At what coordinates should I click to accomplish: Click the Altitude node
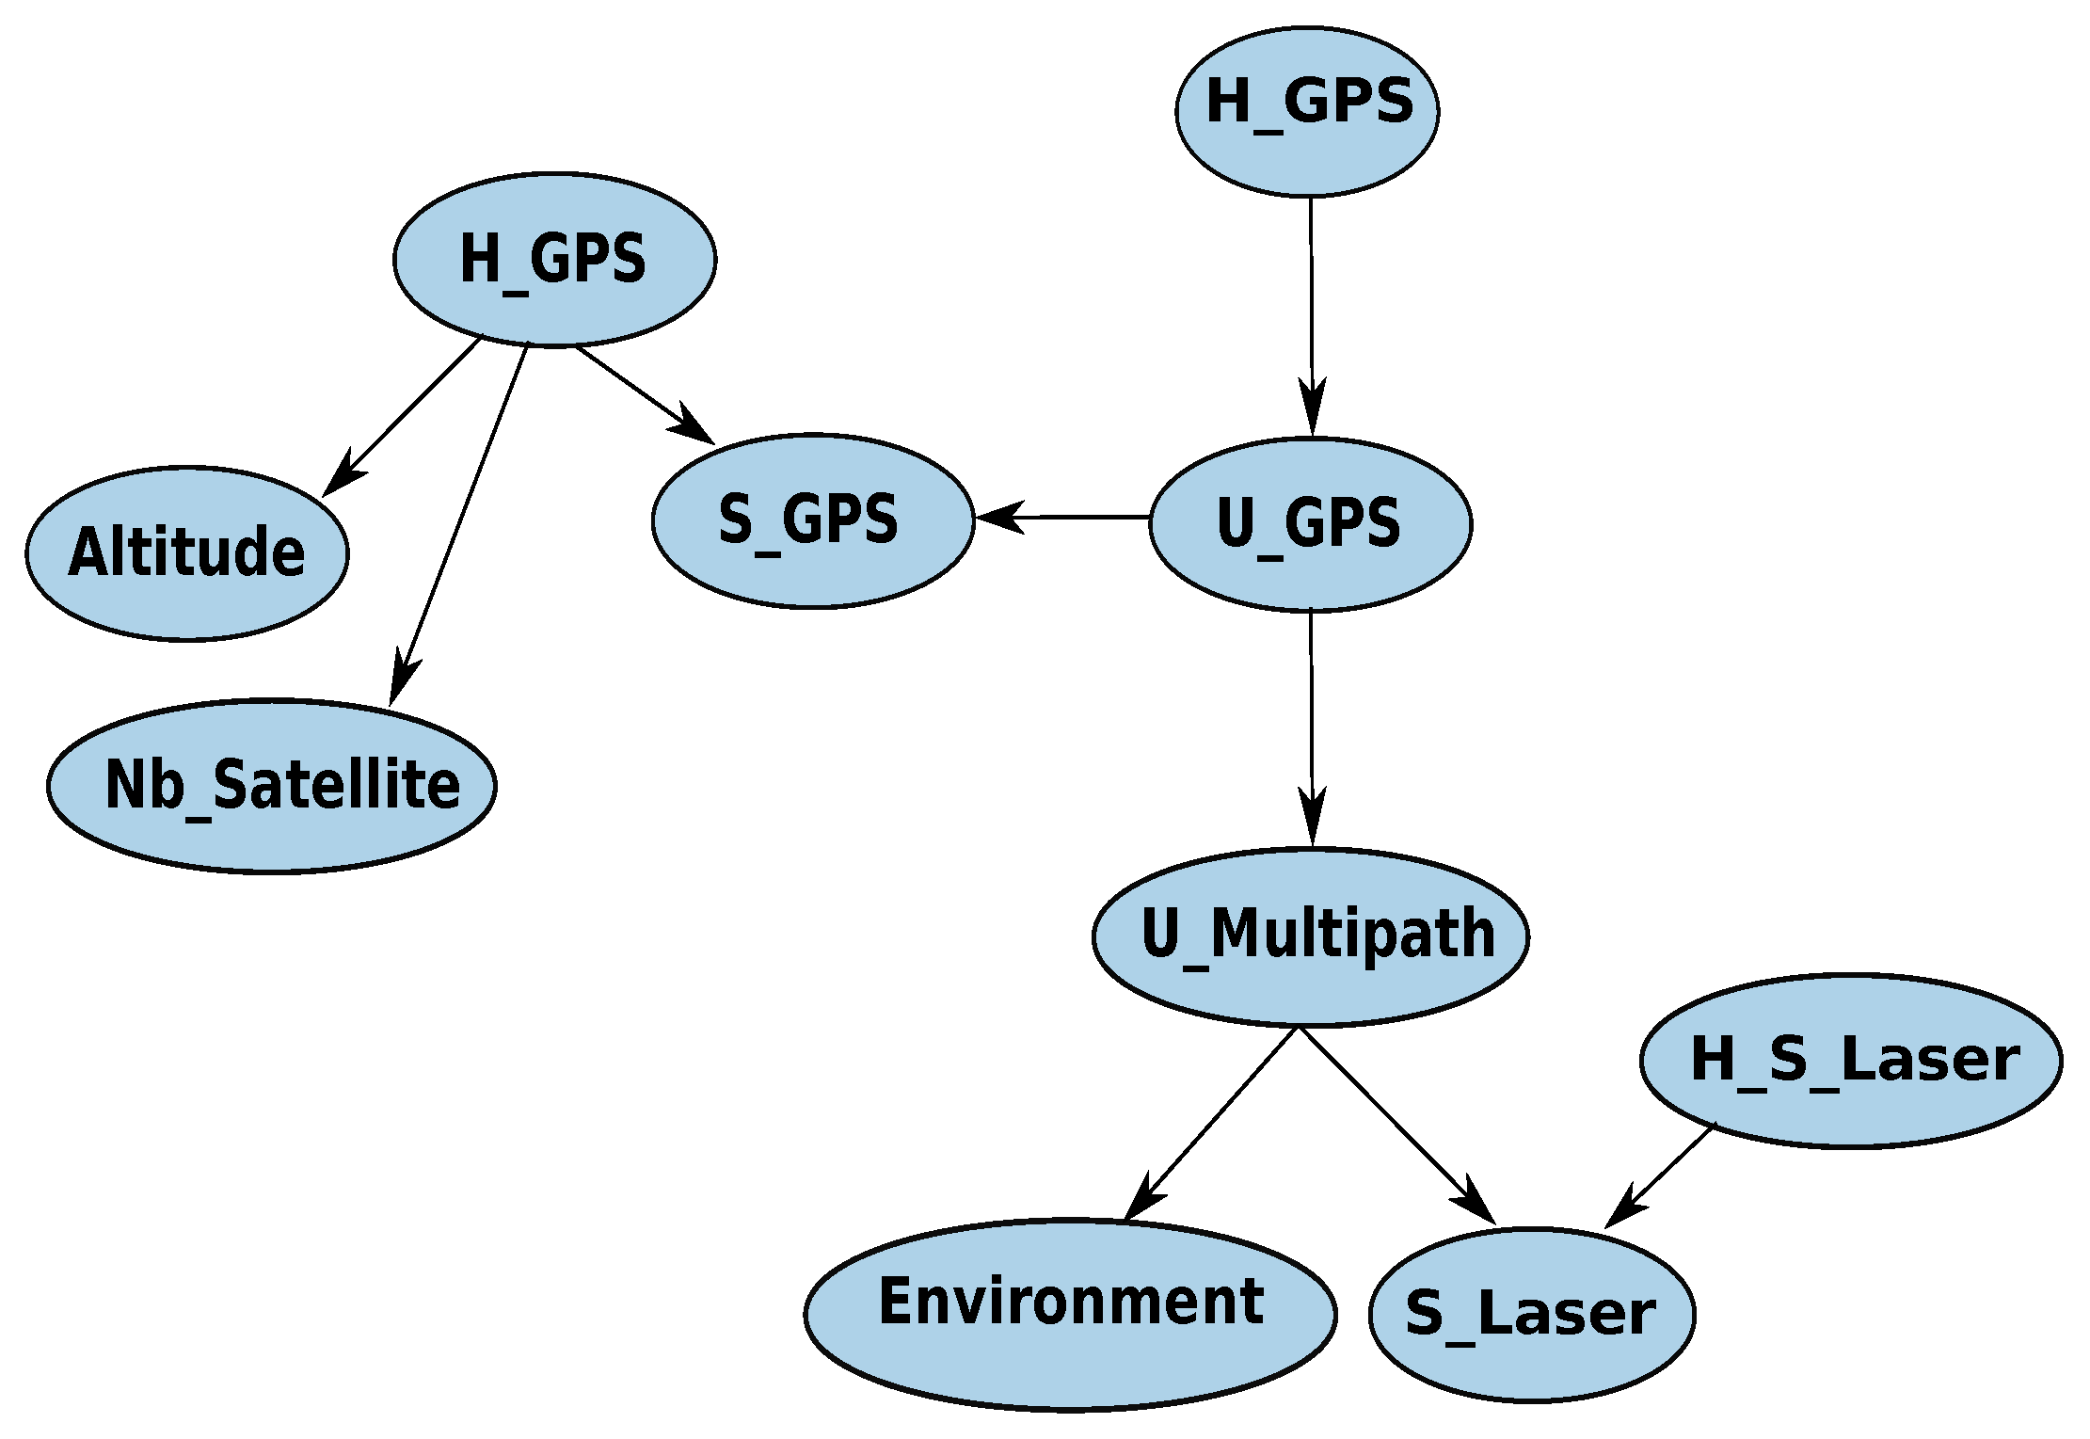186,553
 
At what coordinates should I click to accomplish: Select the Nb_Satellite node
271,786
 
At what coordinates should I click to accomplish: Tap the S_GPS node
812,520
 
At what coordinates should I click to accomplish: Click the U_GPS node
1310,524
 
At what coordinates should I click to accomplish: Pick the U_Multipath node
1310,936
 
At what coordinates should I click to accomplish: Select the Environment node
1070,1314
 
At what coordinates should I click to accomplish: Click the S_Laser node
1531,1314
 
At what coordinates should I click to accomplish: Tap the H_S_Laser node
1851,1060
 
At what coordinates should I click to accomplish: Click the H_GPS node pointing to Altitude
554,260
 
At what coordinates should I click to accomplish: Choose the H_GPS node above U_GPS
1307,111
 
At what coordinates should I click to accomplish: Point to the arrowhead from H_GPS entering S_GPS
696,428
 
